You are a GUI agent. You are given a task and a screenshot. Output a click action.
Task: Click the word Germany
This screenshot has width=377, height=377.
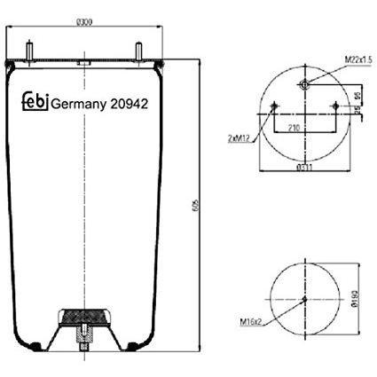(x=78, y=104)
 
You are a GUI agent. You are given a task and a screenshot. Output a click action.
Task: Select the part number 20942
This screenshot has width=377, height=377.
(x=128, y=104)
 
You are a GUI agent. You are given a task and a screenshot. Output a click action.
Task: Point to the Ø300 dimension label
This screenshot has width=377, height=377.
(x=85, y=21)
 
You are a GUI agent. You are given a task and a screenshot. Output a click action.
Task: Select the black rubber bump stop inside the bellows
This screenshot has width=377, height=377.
(x=84, y=317)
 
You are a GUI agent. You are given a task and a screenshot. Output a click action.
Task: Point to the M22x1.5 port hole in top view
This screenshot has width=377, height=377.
(x=304, y=85)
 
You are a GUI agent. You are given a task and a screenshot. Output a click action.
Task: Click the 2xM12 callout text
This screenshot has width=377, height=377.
(x=240, y=139)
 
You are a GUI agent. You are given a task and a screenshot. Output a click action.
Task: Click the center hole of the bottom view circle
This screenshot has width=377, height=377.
(x=304, y=299)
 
